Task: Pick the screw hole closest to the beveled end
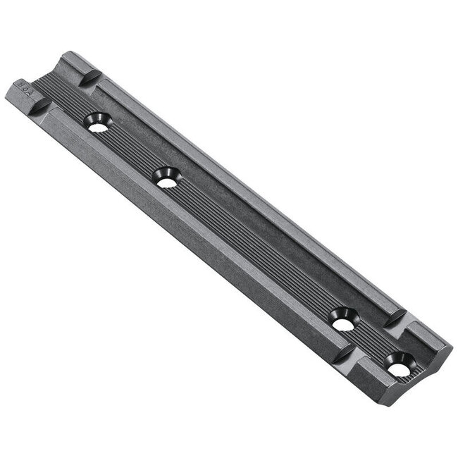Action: click(x=397, y=368)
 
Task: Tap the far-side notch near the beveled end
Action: click(x=395, y=318)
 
